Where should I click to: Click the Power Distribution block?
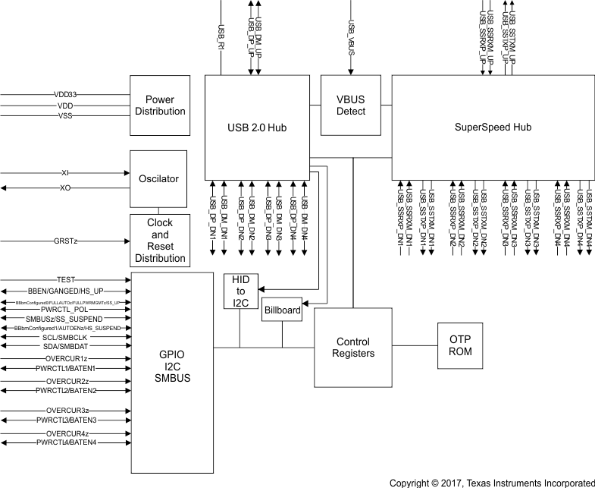tap(159, 105)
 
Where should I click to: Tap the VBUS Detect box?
tap(351, 105)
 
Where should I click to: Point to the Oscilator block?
tap(159, 179)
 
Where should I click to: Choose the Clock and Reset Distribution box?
tap(159, 241)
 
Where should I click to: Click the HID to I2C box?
tap(240, 291)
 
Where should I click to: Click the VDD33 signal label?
tap(65, 95)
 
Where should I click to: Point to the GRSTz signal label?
tap(65, 240)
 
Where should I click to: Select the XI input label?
tap(65, 173)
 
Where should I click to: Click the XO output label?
tap(65, 187)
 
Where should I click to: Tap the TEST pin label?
tap(65, 280)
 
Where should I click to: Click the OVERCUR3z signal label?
tap(65, 411)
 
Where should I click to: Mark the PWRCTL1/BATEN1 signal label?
tap(65, 368)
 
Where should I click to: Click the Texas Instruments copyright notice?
tap(491, 482)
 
